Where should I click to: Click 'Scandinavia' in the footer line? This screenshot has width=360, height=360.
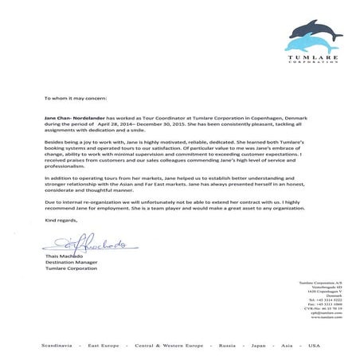[59, 346]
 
